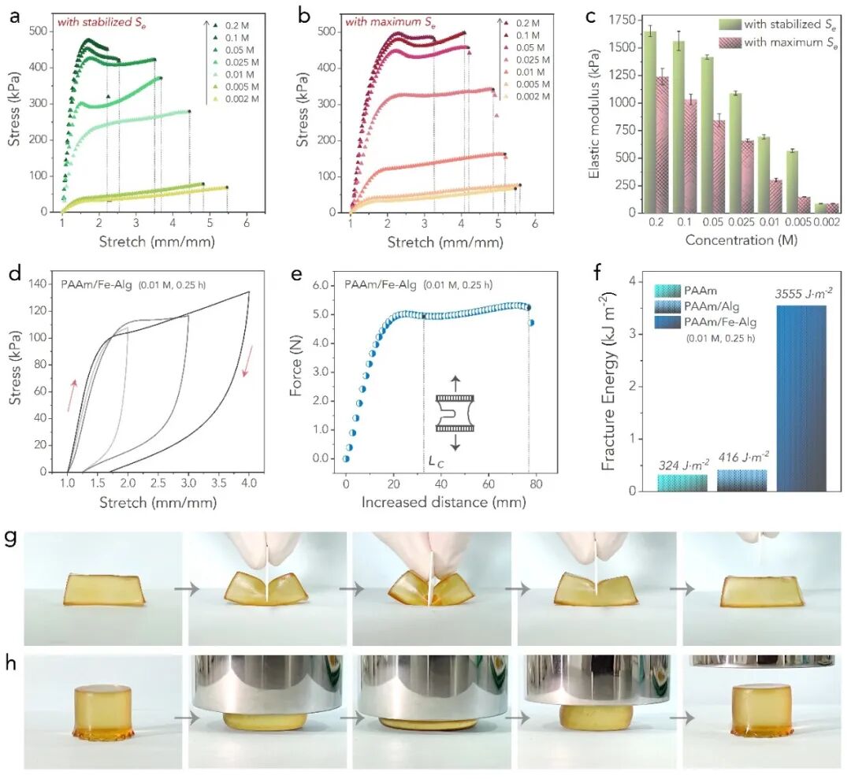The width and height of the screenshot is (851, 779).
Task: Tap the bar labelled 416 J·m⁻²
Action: [x=741, y=480]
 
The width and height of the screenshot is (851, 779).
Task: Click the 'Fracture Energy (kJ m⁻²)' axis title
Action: [x=608, y=378]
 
